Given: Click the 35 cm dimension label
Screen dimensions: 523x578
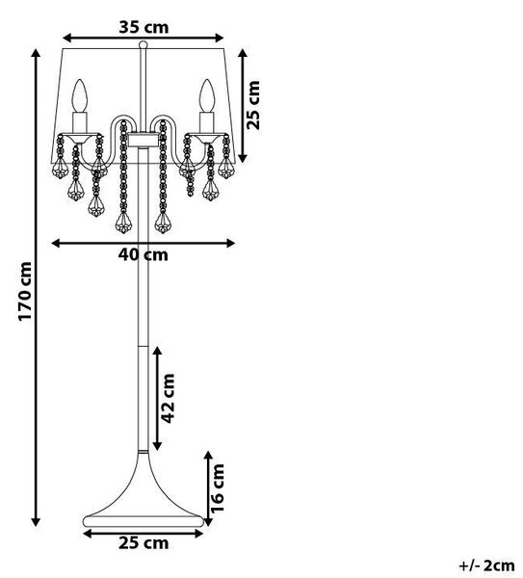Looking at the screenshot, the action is coord(144,27).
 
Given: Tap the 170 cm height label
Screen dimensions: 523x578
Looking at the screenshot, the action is coord(25,291).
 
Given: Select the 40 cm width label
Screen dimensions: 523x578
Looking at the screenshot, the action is coord(143,254).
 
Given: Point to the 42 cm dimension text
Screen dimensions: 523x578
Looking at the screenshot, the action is coord(168,398).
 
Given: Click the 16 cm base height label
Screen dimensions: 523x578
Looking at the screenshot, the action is coord(218,488).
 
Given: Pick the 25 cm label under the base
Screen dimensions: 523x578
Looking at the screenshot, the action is coord(144,543).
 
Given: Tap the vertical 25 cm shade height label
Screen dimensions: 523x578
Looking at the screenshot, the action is coord(253,105).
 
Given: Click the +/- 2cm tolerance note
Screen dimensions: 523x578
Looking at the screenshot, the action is coord(486,565).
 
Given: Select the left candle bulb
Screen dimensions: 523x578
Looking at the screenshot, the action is coord(80,95).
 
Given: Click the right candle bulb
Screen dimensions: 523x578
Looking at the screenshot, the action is coord(207,95).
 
